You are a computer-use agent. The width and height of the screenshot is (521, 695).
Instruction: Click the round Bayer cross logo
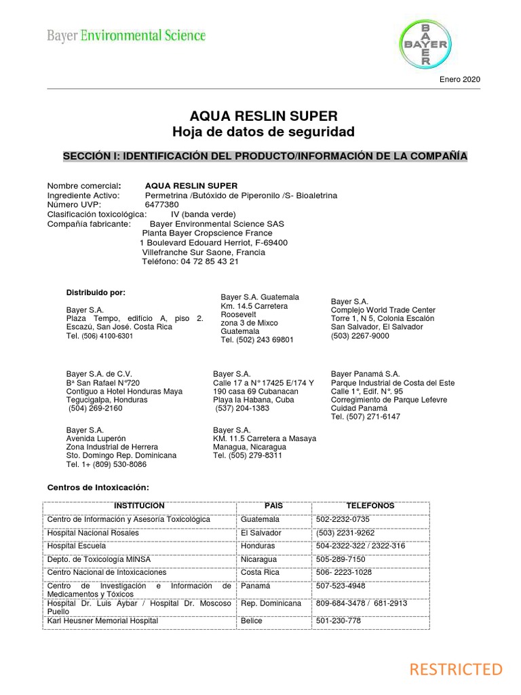coord(425,44)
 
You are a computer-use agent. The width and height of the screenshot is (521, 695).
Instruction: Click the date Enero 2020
coord(461,80)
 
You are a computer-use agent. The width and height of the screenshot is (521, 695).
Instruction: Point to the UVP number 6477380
coord(162,204)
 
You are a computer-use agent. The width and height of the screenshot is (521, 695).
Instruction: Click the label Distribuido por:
coord(96,293)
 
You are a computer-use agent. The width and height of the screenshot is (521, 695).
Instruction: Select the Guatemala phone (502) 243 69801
coord(257,339)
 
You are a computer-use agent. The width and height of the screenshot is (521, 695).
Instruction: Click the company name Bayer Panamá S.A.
coord(366,374)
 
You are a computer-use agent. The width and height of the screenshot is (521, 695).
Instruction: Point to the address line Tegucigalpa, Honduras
coord(108,400)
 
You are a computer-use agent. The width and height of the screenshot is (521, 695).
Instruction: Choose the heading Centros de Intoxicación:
coord(97,488)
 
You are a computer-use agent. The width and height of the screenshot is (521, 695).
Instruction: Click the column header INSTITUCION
coord(139,506)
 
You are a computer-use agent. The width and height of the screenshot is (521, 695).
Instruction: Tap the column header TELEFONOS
coord(370,506)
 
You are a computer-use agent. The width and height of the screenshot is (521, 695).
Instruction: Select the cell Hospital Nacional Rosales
coord(93,533)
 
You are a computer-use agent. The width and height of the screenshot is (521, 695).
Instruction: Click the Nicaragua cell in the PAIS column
coord(258,559)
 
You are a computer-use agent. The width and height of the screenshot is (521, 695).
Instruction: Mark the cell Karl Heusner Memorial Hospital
coord(102,620)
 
